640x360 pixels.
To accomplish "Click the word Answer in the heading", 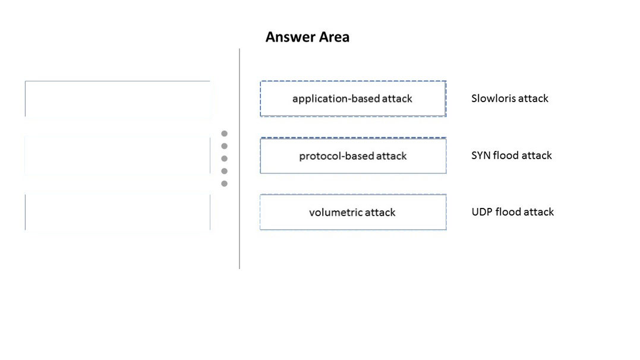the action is coord(290,37).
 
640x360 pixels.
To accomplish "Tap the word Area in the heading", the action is coord(335,37).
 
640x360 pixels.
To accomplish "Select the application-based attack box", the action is coord(353,99).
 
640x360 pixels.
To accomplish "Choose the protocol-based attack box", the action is coord(353,156).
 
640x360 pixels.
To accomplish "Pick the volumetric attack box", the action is coord(353,212).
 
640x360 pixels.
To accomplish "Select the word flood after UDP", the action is coord(506,212).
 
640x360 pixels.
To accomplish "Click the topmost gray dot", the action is coord(225,134).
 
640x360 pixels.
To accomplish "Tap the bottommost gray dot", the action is coord(225,184).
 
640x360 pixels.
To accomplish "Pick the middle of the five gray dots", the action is coord(225,159).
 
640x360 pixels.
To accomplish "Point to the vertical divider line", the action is coord(239,159).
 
